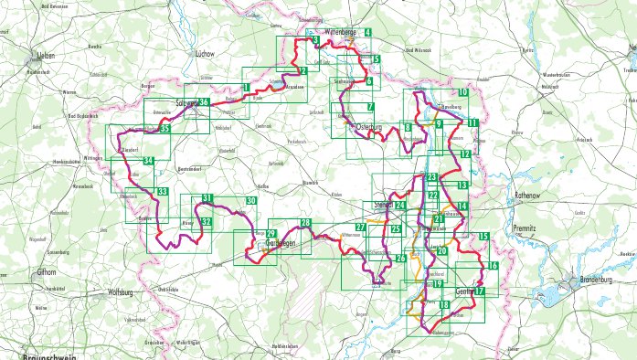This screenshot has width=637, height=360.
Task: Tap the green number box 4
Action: tap(367, 33)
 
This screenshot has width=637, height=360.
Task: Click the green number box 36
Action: tap(205, 101)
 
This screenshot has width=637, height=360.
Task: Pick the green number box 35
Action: tap(165, 129)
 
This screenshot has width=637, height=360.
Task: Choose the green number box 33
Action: tap(162, 192)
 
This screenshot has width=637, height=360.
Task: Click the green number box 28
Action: tap(305, 223)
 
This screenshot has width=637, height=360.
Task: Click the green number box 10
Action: tap(463, 93)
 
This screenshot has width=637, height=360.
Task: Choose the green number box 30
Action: tap(251, 201)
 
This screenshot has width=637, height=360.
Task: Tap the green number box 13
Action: tap(463, 185)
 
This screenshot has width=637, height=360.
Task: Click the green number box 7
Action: tap(370, 132)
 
